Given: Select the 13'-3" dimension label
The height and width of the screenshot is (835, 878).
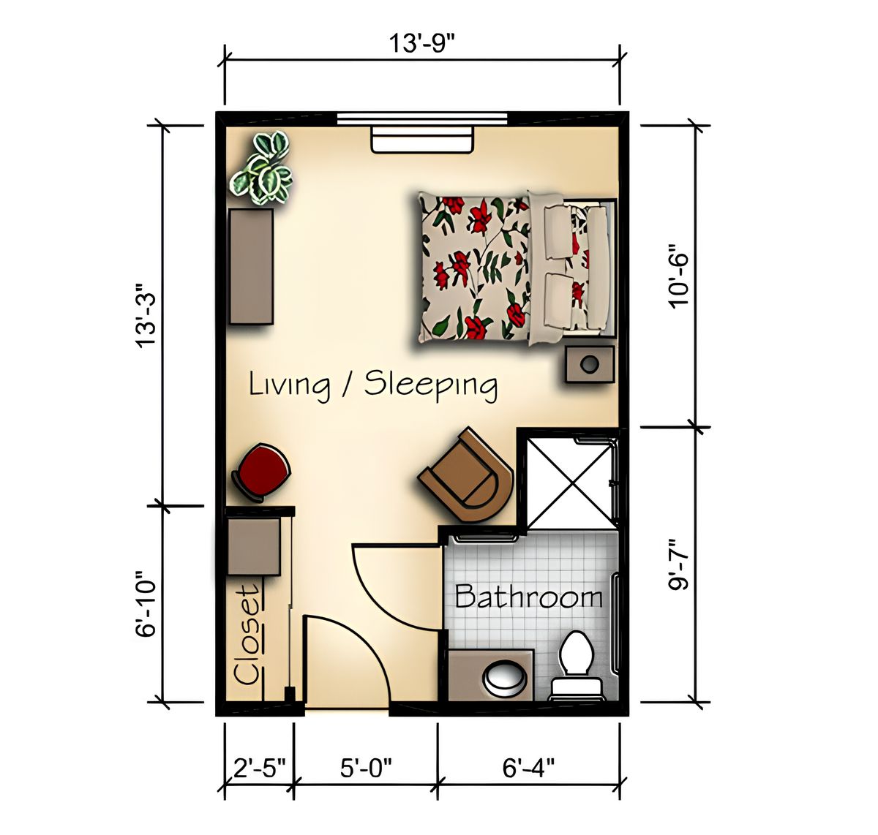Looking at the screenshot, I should (x=147, y=314).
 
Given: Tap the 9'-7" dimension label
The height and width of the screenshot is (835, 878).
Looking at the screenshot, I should (x=680, y=564).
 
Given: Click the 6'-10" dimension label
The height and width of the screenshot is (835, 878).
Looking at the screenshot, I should (x=147, y=603).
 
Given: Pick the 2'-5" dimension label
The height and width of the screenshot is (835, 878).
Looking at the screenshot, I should (x=258, y=768).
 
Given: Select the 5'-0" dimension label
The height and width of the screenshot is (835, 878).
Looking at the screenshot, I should (x=366, y=768).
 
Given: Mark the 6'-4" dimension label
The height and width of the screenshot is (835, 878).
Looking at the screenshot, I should (x=528, y=768).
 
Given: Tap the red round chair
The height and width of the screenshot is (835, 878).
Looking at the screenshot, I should (x=261, y=472).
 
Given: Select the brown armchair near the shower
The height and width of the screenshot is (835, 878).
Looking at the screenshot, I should (x=468, y=475).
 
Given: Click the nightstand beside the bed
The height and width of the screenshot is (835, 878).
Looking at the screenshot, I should (x=590, y=363).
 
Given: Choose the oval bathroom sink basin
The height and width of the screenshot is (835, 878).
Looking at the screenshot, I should (x=505, y=676).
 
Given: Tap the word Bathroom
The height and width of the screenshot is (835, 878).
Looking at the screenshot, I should (x=528, y=597).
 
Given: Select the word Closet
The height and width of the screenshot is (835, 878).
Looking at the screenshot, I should (x=247, y=634).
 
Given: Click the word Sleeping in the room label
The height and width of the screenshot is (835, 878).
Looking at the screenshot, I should (x=431, y=384).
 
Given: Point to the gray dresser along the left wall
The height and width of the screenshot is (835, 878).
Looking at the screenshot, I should (x=252, y=266).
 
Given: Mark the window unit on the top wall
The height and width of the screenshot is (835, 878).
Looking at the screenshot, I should (x=423, y=139).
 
